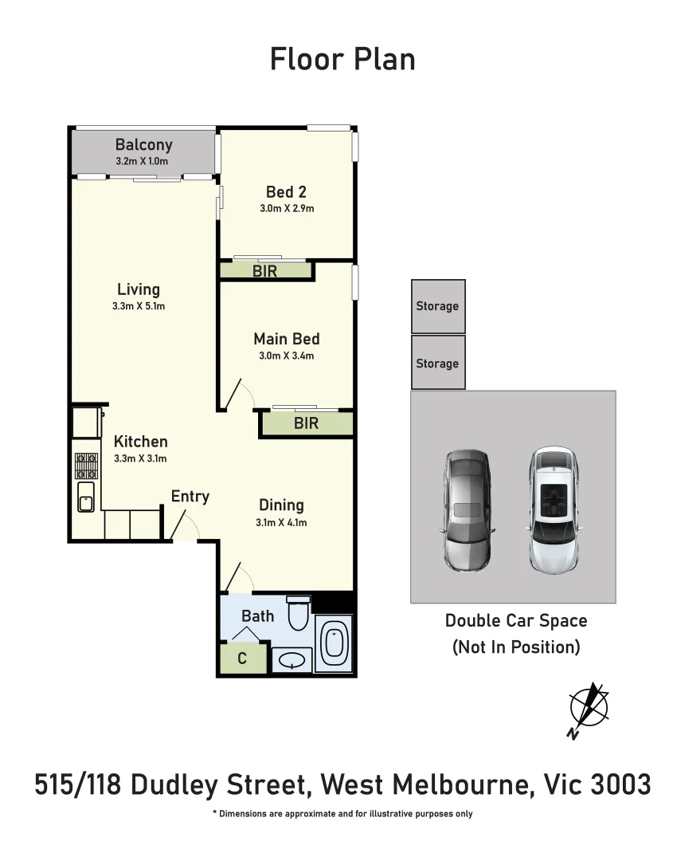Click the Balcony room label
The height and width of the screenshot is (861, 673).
click(143, 144)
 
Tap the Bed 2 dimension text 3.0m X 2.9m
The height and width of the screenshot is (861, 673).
click(286, 210)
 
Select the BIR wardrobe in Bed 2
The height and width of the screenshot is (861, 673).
click(265, 271)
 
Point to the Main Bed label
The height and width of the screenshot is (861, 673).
click(286, 339)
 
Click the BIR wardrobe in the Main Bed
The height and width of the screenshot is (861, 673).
click(307, 423)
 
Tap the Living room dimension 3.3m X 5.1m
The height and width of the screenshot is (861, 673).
click(139, 306)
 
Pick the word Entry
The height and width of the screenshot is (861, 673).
click(190, 497)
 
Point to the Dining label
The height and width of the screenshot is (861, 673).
click(281, 505)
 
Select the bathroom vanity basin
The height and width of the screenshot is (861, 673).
click(292, 660)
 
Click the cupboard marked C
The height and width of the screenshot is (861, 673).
click(241, 659)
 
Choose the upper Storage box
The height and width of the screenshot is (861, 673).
click(438, 306)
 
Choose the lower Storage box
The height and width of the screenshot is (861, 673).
click(438, 363)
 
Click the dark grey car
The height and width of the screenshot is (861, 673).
click(468, 510)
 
